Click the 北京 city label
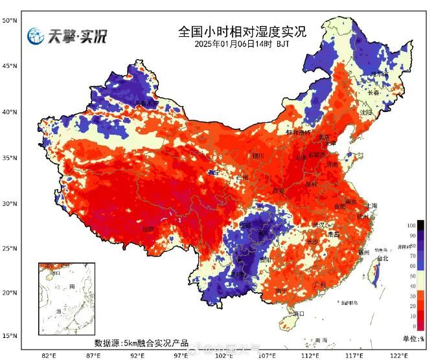click(324, 137)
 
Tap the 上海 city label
click(371, 206)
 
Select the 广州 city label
click(318, 285)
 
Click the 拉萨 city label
click(148, 229)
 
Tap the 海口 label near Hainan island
click(298, 314)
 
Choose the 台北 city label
click(382, 258)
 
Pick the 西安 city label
click(279, 191)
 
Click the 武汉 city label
click(318, 225)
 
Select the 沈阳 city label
click(367, 112)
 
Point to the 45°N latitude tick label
click(9, 66)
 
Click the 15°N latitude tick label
click(9, 335)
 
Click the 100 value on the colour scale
click(411, 225)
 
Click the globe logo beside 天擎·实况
click(35, 36)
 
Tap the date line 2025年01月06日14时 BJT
click(242, 44)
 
